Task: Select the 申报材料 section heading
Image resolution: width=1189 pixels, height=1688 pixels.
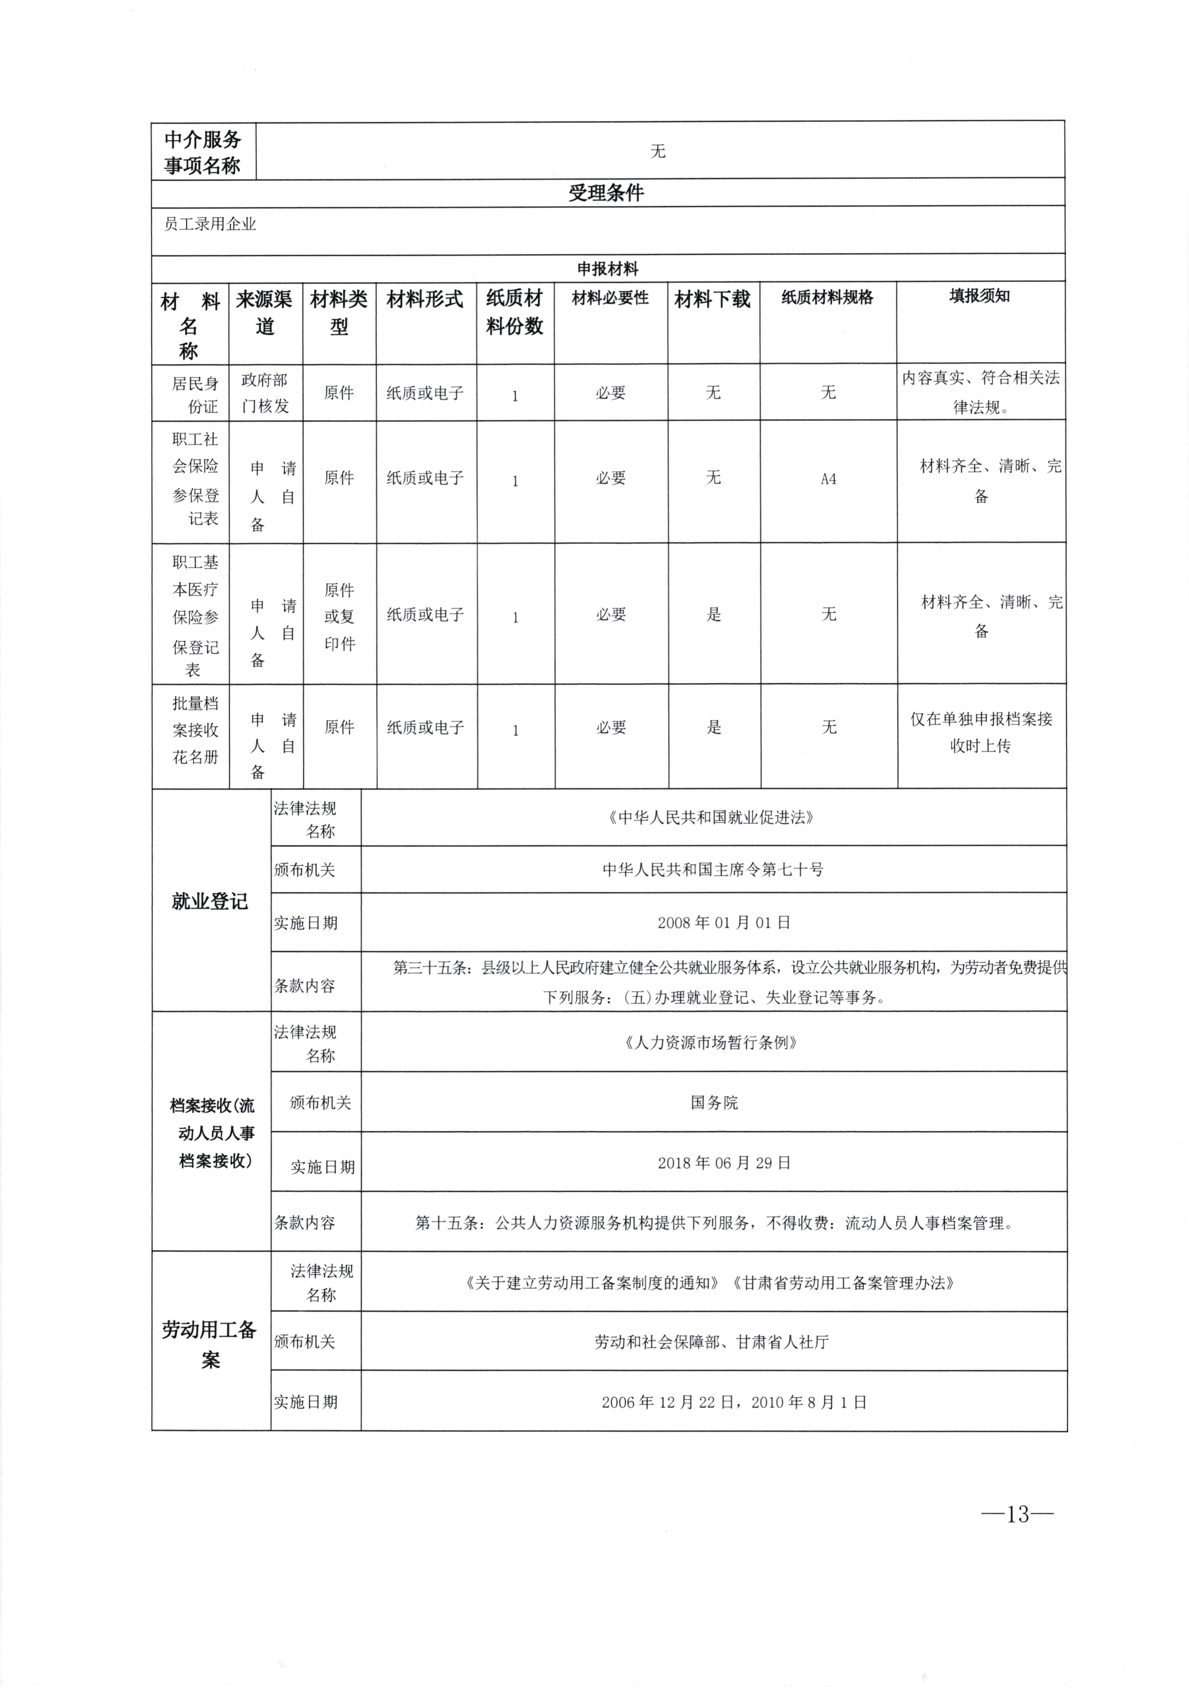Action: tap(607, 269)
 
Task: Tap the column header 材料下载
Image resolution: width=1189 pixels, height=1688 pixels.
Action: tap(712, 299)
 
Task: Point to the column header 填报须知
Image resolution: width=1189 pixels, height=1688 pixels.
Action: tap(979, 296)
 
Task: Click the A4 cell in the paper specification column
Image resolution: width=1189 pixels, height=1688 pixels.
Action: tap(828, 479)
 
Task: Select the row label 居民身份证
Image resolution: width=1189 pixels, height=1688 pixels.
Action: tap(195, 394)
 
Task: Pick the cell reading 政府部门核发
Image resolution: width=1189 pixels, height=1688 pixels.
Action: tap(264, 392)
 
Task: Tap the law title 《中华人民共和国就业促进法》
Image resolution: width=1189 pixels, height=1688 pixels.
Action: tap(710, 817)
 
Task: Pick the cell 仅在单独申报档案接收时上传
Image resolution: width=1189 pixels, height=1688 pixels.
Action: tap(981, 732)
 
